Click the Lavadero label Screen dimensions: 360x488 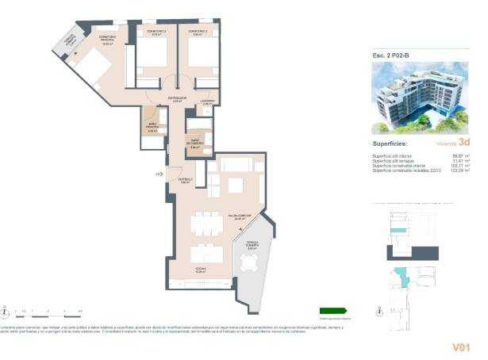click(205, 101)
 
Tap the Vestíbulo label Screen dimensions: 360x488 click(185, 181)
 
